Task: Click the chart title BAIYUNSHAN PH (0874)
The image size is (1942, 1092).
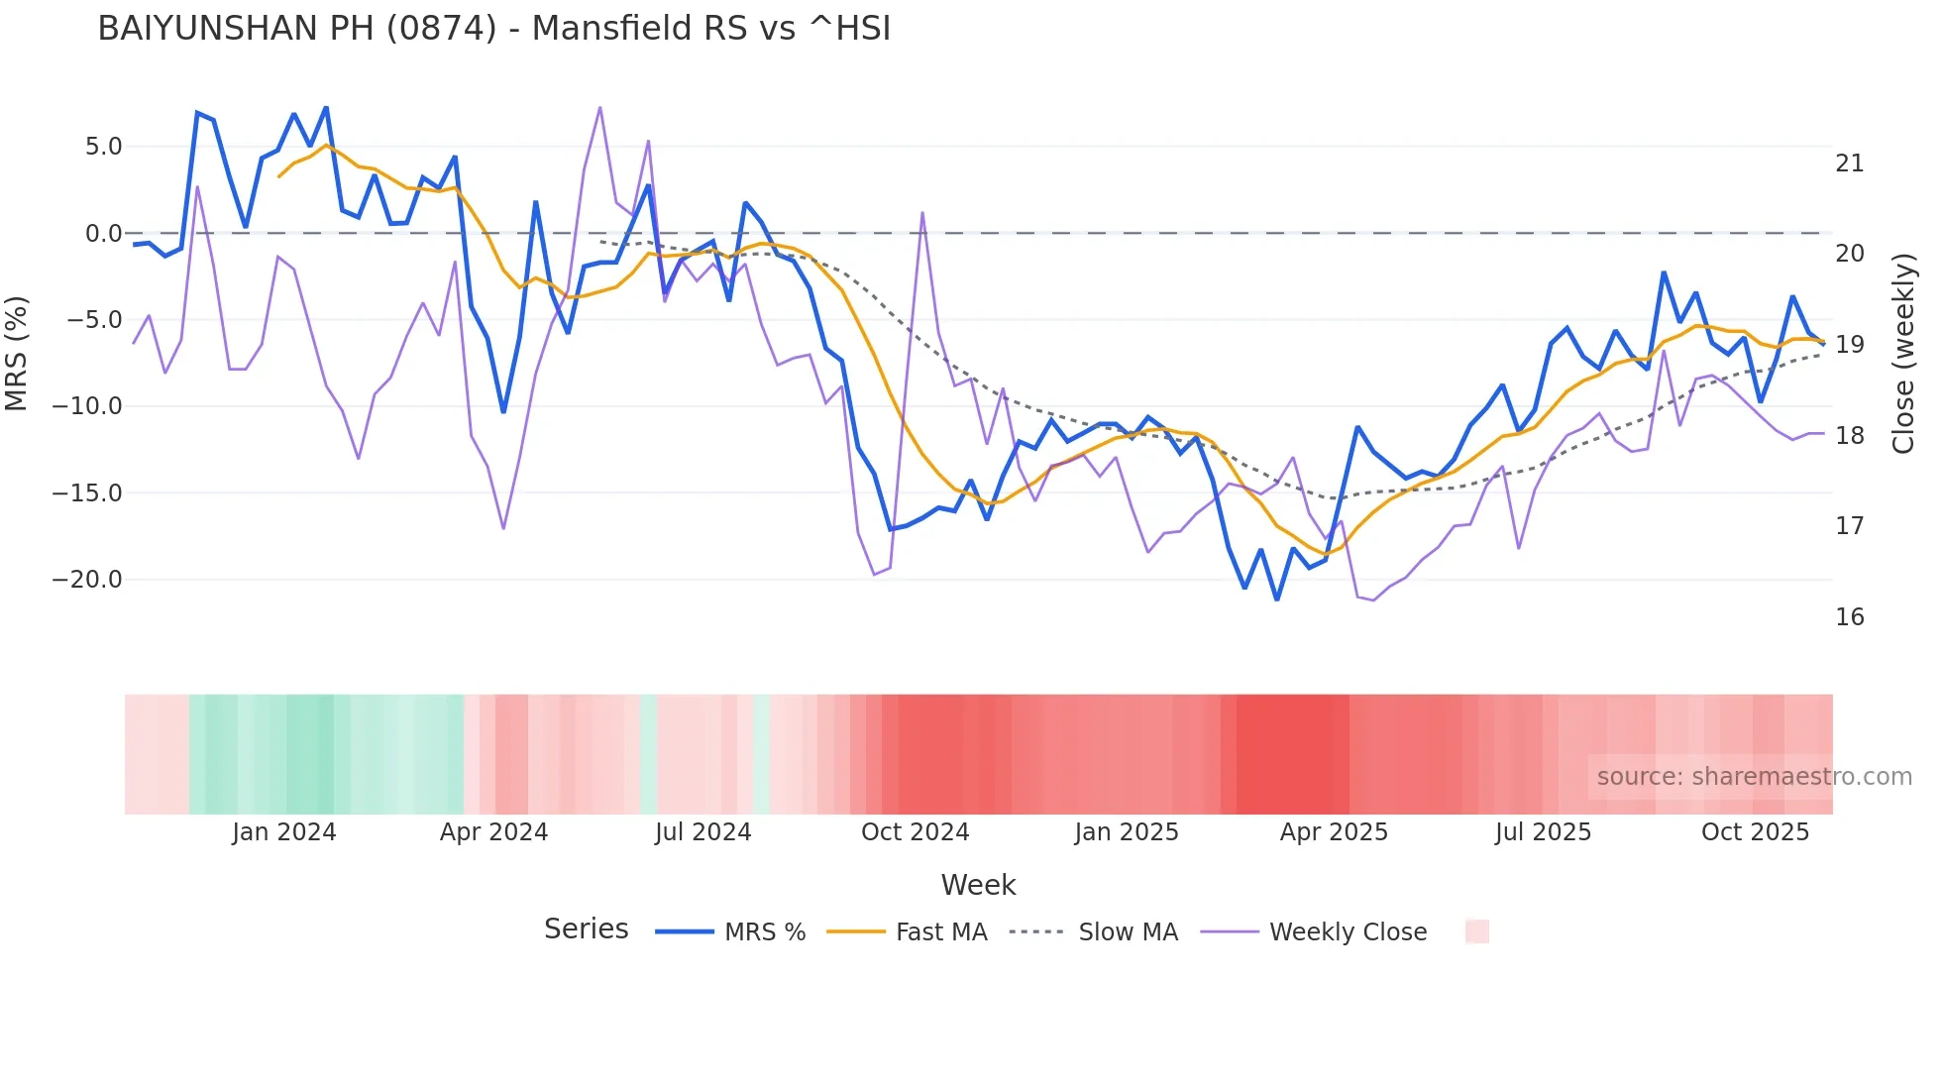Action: (x=493, y=29)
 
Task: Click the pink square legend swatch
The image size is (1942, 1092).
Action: (x=1476, y=931)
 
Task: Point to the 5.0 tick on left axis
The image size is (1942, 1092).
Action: (x=103, y=147)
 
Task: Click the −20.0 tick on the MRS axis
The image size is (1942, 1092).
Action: (x=87, y=580)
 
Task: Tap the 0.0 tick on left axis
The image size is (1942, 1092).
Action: (x=103, y=234)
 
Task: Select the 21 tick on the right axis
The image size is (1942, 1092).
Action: (x=1849, y=164)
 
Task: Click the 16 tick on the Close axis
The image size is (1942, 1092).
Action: (x=1849, y=617)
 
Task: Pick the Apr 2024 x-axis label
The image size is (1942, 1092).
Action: (x=493, y=832)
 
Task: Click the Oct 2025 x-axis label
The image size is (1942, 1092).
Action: (x=1755, y=832)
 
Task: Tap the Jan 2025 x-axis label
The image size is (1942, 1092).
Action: (x=1127, y=832)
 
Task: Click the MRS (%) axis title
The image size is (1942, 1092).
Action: (x=17, y=354)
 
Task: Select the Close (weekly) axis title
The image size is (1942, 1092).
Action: (x=1903, y=354)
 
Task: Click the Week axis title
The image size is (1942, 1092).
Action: (x=978, y=885)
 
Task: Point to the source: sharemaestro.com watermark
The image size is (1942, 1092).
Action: (x=1754, y=777)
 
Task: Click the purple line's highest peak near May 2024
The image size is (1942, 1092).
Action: (x=600, y=108)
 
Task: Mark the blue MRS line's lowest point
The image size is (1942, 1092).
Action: (x=1277, y=600)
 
